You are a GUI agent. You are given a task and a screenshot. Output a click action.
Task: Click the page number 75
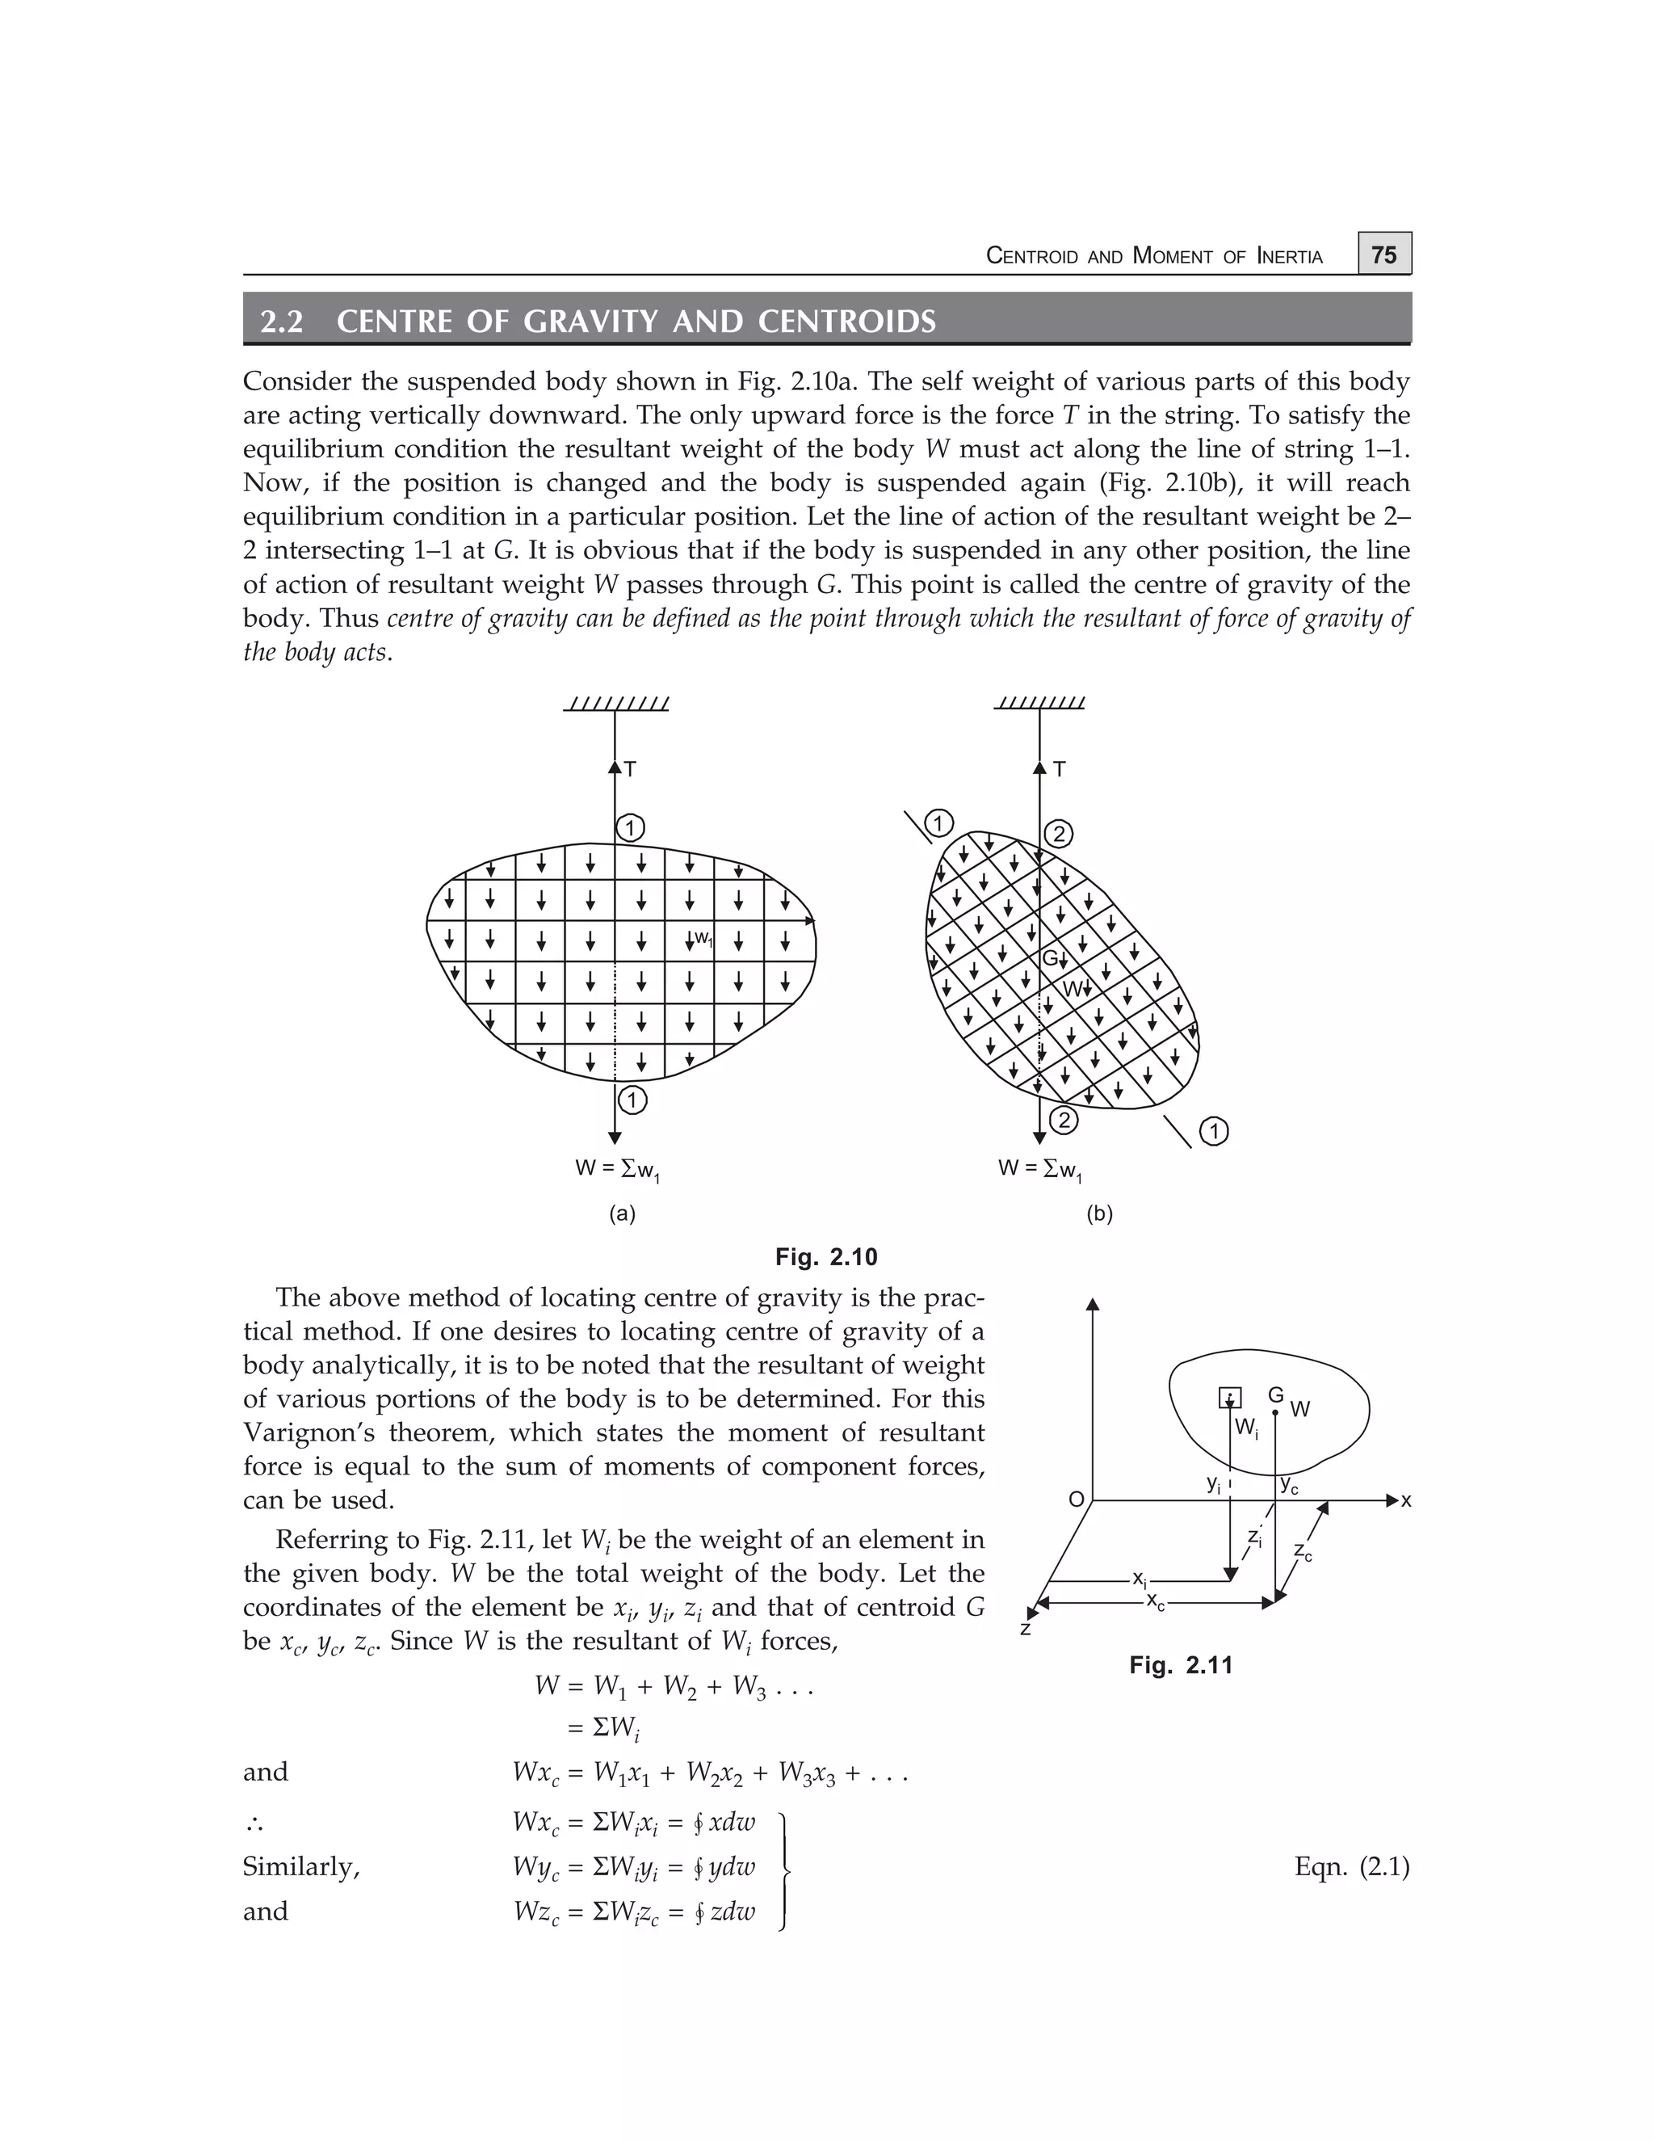click(x=1383, y=254)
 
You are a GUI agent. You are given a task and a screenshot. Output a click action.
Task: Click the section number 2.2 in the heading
click(x=282, y=322)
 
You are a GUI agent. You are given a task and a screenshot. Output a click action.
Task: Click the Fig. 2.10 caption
click(x=825, y=1257)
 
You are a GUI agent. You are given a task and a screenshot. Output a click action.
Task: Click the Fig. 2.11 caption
click(x=1181, y=1664)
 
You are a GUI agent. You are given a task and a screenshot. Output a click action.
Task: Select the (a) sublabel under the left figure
click(x=622, y=1214)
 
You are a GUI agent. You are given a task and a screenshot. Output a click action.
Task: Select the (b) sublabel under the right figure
click(x=1099, y=1214)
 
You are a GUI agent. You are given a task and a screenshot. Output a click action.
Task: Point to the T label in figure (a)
click(x=630, y=769)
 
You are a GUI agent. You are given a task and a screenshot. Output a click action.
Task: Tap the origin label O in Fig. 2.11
click(x=1076, y=1500)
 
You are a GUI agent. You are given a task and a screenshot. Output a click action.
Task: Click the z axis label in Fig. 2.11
click(x=1025, y=1628)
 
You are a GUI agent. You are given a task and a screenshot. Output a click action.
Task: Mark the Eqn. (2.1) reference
click(x=1351, y=1866)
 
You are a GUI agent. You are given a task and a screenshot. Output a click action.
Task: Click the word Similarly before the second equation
click(x=300, y=1866)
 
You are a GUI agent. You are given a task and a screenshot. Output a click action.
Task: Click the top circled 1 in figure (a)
click(x=629, y=828)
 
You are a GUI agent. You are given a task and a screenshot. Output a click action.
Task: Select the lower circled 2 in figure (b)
click(x=1063, y=1120)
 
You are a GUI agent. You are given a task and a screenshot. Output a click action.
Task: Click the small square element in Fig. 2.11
click(x=1230, y=1398)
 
